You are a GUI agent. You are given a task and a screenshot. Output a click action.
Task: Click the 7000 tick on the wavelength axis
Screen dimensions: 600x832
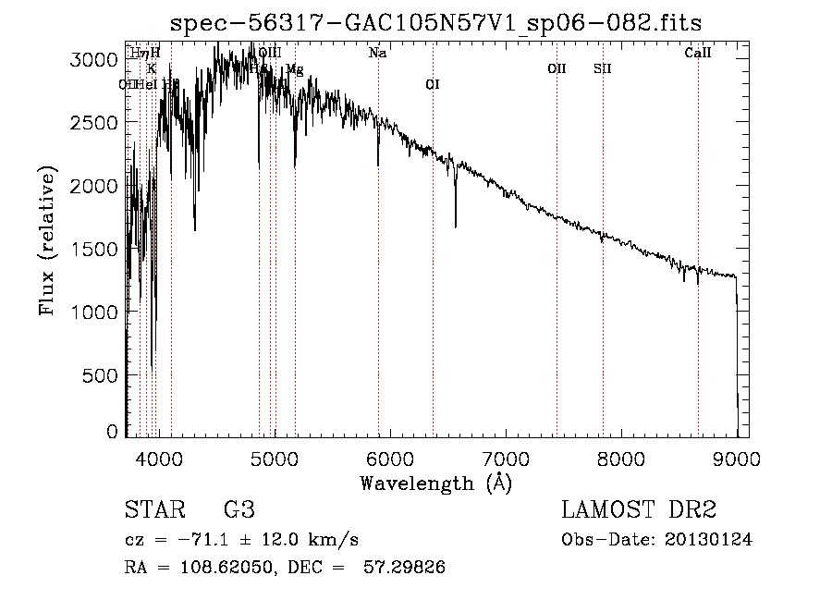506,457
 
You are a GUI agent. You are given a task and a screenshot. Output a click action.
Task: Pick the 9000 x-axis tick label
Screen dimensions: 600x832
737,457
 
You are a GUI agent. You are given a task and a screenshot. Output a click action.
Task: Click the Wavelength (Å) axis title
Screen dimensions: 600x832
434,483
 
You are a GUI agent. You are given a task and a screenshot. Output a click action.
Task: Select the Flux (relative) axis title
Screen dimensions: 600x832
46,240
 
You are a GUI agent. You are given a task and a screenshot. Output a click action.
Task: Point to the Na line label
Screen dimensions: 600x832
377,54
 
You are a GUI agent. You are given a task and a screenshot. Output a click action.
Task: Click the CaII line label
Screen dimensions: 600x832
698,54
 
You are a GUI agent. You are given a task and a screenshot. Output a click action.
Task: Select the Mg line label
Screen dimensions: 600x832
295,69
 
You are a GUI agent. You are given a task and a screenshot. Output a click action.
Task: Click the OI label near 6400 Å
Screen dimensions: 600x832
432,85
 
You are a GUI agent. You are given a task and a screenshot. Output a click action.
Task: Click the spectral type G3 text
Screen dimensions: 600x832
239,510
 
